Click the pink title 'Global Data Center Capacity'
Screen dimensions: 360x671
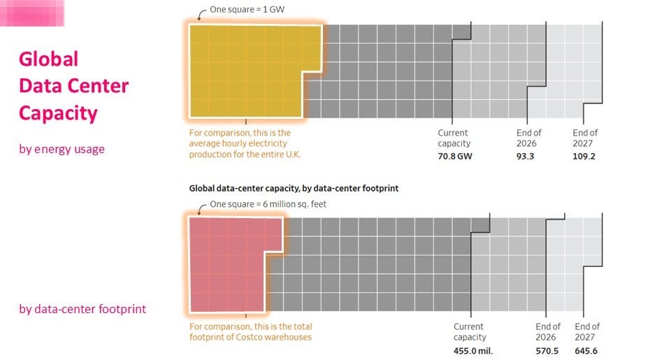[x=73, y=86]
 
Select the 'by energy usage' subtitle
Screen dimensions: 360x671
[x=62, y=149]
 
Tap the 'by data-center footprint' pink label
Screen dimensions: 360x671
[x=82, y=308]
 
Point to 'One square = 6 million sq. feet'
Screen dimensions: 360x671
[x=268, y=205]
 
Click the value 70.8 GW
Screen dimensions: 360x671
[x=454, y=157]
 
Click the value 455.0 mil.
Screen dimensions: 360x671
[x=473, y=350]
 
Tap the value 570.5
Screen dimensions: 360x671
[x=547, y=350]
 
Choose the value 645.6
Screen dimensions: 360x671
[x=586, y=350]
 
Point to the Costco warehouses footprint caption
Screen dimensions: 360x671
[x=250, y=332]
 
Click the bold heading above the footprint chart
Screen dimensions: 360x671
[x=294, y=189]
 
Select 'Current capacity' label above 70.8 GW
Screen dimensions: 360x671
[x=453, y=138]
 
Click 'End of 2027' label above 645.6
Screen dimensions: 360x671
[x=587, y=331]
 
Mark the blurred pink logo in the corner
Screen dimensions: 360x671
[x=32, y=13]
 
